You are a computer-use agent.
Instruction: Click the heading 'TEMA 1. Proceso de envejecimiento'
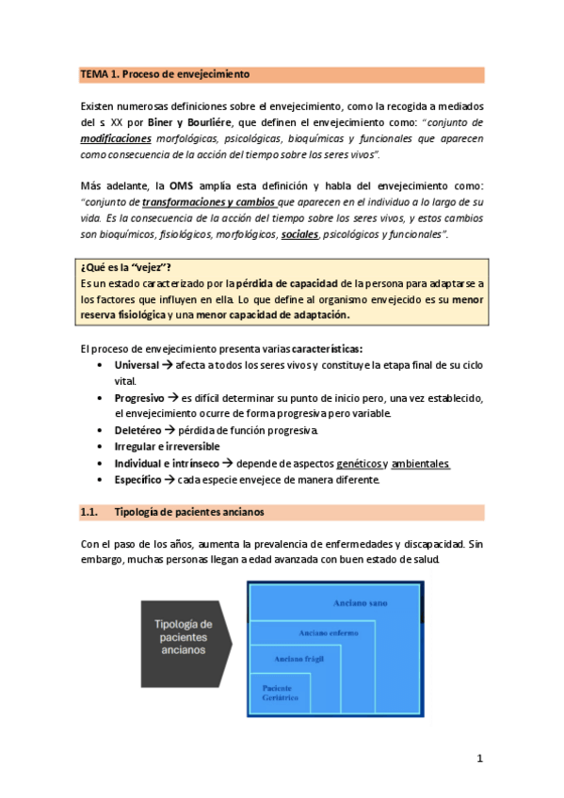(165, 73)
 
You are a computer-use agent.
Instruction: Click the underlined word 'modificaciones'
(117, 137)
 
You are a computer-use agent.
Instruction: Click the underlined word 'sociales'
(299, 233)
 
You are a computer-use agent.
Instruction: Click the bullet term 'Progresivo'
(139, 397)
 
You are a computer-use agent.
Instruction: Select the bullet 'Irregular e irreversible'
(167, 446)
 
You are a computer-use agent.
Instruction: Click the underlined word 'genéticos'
(358, 463)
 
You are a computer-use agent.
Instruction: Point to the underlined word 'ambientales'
(420, 463)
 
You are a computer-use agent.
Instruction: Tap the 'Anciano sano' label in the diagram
(363, 602)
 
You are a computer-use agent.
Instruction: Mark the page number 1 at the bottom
(479, 758)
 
